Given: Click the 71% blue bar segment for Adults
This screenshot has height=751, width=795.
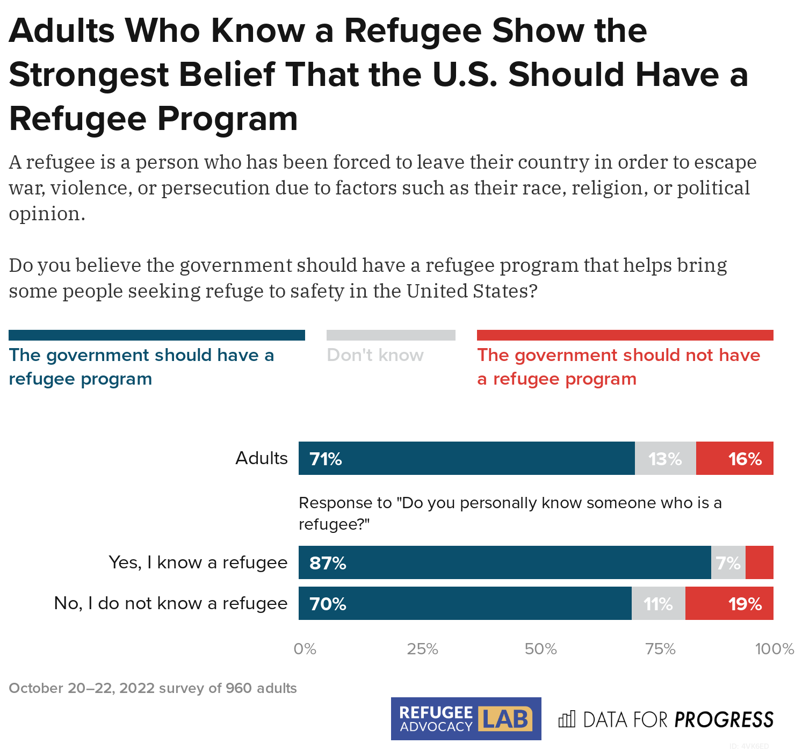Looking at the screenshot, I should pos(466,458).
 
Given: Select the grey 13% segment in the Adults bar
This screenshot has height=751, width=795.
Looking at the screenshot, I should pos(665,458).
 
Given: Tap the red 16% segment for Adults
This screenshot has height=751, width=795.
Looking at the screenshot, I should pos(734,458).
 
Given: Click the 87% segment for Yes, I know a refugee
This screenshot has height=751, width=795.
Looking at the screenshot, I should pos(504,562).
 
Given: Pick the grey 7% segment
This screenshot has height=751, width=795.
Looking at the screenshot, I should pos(728,562).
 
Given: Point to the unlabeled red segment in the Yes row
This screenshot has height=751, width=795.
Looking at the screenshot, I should pos(760,562).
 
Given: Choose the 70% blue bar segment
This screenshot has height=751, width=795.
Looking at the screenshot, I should pos(465,603).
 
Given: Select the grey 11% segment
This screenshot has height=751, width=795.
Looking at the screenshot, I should pos(658,603).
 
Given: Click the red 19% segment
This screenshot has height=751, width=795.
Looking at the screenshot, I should pos(729,603).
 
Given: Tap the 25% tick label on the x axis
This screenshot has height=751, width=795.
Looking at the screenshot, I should pos(422,649).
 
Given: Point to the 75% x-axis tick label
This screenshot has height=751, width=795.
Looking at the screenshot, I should pos(660,649).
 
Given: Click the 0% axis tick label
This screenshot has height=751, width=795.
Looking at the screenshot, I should pos(305,649).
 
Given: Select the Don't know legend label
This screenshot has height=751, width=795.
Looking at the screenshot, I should pos(375,355).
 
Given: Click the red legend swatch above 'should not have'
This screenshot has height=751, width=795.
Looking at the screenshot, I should pos(625,335).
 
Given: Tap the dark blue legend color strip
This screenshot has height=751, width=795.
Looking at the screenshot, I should pos(156,335).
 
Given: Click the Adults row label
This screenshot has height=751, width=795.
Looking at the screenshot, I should pos(262,458).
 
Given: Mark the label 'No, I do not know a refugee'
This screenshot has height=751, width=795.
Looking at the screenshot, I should pos(171,603).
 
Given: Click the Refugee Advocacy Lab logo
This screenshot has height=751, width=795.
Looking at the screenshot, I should pos(466,719).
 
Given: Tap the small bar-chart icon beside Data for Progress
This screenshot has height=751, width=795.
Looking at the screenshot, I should pos(567,719).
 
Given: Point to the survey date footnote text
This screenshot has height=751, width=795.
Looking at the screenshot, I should pos(153,688).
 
